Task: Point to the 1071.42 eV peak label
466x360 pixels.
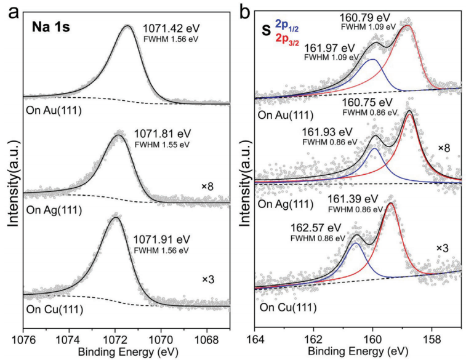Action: coord(166,28)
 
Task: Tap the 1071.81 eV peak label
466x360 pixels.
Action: coord(157,133)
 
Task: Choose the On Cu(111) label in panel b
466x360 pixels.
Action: coord(288,308)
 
